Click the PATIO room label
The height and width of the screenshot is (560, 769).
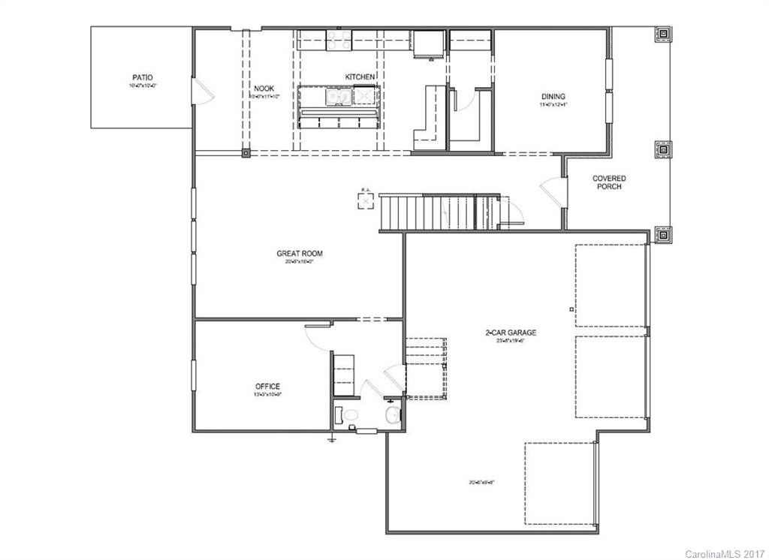(142, 77)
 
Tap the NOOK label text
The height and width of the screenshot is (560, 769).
(264, 89)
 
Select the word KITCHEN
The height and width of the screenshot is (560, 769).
(360, 77)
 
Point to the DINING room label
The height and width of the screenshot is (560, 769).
(553, 96)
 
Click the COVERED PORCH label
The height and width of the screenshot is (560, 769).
(609, 182)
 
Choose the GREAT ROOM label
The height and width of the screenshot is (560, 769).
(300, 254)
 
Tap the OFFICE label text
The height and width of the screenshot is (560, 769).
(267, 387)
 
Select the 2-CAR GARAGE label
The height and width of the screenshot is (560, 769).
(511, 332)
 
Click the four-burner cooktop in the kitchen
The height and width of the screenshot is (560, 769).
(336, 39)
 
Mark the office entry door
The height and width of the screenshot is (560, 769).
(317, 336)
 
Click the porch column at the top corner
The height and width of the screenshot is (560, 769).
(664, 35)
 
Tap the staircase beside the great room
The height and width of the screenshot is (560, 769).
(428, 212)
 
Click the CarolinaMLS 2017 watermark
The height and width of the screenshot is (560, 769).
(724, 554)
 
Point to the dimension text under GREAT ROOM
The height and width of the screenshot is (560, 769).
(300, 263)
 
